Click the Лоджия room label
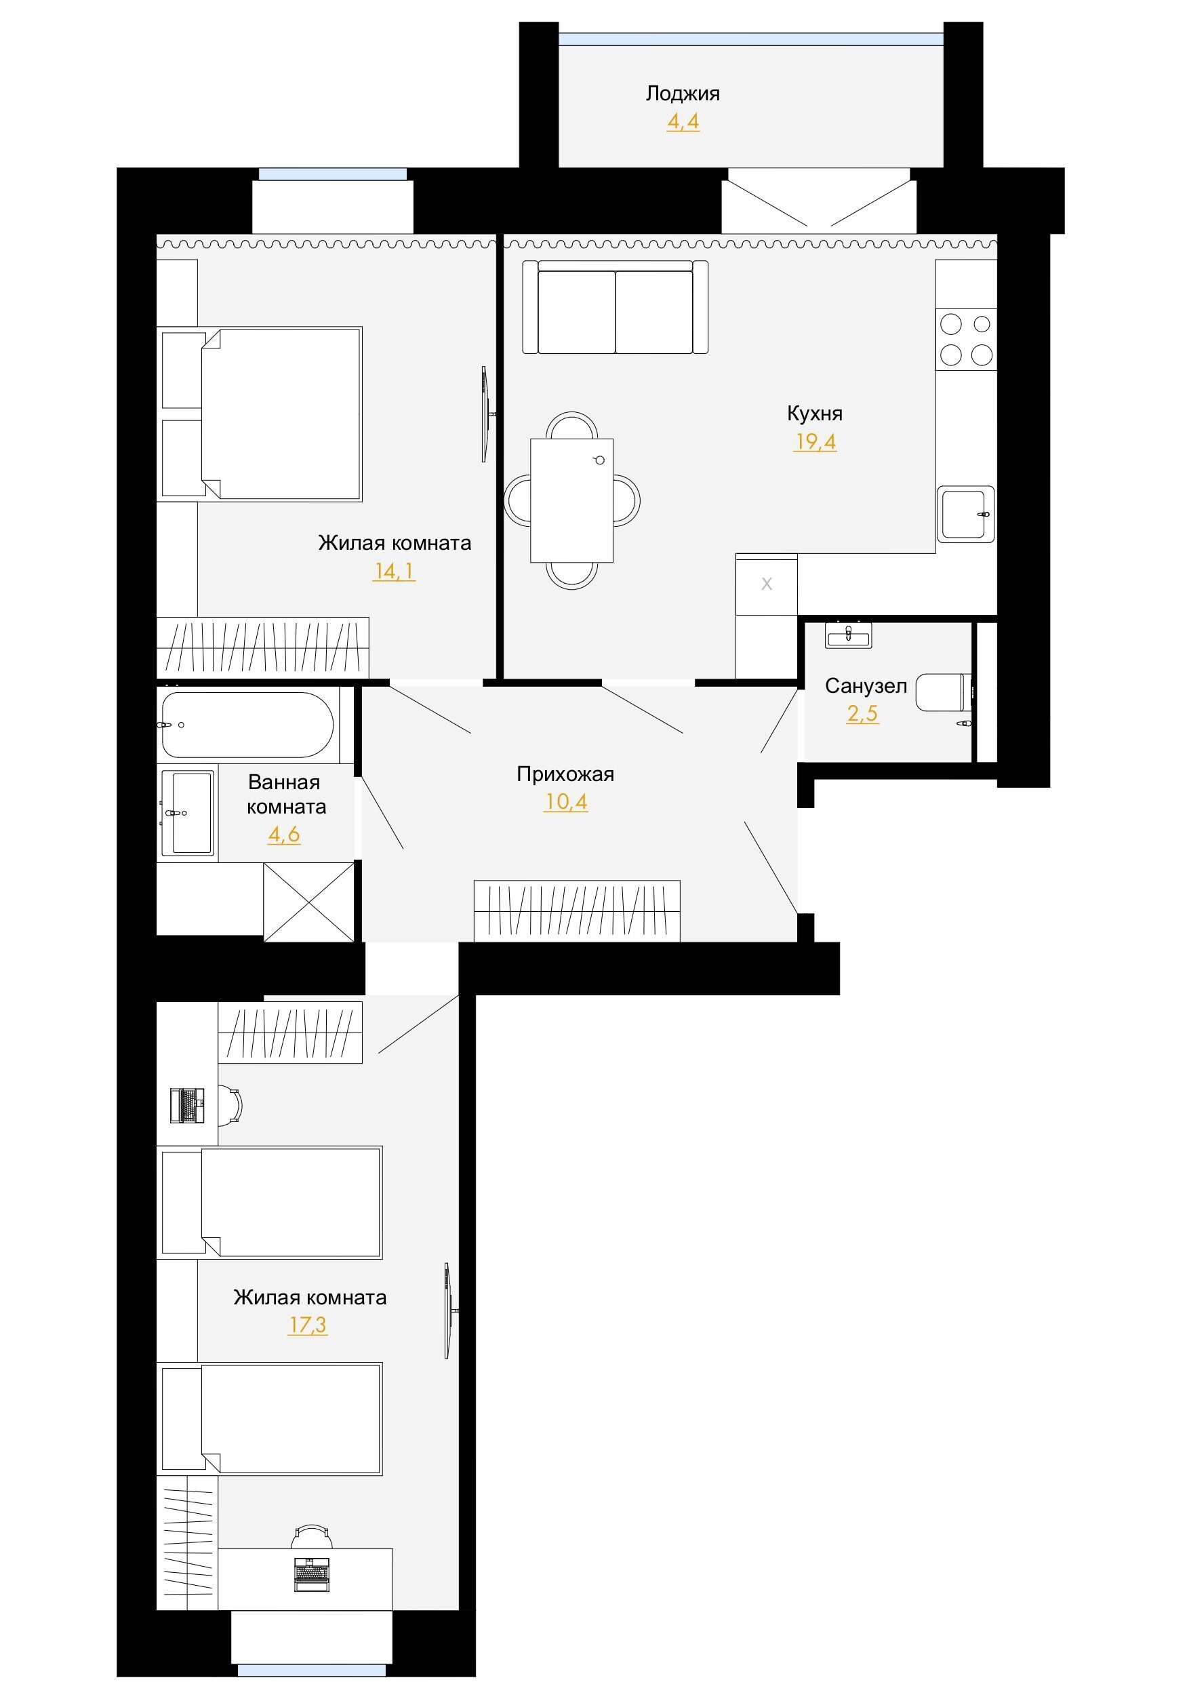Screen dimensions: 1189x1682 (682, 94)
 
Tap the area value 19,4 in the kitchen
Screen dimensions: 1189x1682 (815, 442)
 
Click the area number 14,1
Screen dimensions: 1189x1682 (394, 570)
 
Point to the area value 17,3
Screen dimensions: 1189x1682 (308, 1325)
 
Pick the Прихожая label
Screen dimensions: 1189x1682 (565, 774)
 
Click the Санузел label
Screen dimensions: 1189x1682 (866, 685)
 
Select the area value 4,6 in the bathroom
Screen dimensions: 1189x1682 (283, 835)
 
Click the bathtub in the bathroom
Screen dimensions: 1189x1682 (247, 725)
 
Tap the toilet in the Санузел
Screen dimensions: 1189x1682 (945, 692)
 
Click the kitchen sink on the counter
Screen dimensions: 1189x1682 (966, 515)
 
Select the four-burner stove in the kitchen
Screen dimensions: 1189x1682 (966, 339)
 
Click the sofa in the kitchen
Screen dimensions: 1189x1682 (616, 307)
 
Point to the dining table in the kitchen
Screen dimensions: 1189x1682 (572, 500)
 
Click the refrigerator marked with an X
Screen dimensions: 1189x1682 (766, 584)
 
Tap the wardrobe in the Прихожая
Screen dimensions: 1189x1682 (578, 911)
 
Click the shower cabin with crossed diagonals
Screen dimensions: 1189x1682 (308, 902)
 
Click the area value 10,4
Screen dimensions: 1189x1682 (565, 801)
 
